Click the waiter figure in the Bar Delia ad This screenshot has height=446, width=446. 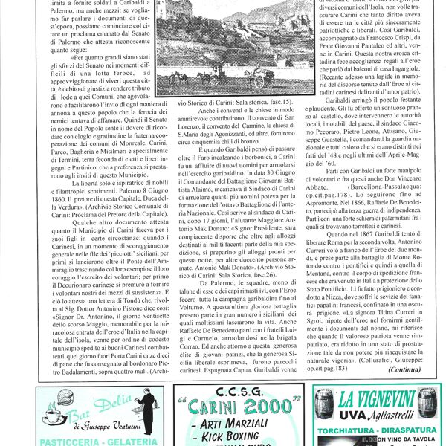click(x=146, y=409)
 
